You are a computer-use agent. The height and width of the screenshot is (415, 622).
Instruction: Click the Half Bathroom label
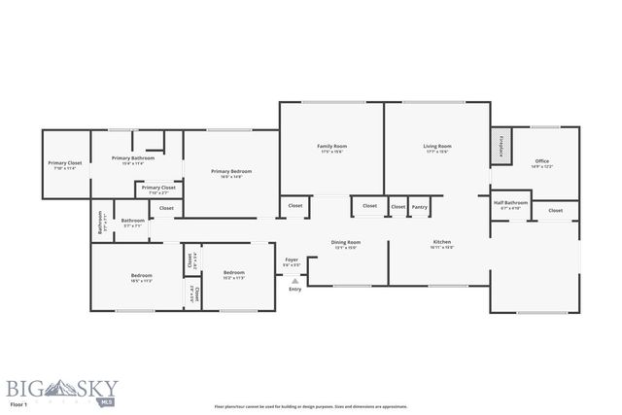(x=510, y=204)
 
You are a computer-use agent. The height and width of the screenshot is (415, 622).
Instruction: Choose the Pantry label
(x=420, y=206)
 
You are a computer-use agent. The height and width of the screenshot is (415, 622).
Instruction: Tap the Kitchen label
(x=441, y=243)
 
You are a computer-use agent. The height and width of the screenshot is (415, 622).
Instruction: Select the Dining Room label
(x=347, y=243)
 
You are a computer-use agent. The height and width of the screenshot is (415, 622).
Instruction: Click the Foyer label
(x=292, y=260)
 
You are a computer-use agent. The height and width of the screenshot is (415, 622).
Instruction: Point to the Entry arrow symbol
(x=294, y=280)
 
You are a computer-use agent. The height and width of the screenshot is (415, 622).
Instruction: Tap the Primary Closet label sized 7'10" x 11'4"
(x=62, y=165)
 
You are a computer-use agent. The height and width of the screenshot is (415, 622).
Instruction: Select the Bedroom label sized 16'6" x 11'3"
(x=142, y=278)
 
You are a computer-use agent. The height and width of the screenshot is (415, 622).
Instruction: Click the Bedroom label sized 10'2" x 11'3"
(x=233, y=274)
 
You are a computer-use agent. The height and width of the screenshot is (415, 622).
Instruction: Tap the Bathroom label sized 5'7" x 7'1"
(x=133, y=222)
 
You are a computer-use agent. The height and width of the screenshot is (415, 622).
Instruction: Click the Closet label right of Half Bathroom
(x=555, y=210)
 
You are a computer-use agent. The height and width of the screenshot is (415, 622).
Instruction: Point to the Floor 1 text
(x=17, y=402)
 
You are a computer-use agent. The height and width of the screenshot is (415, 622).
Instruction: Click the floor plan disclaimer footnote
(x=311, y=407)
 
